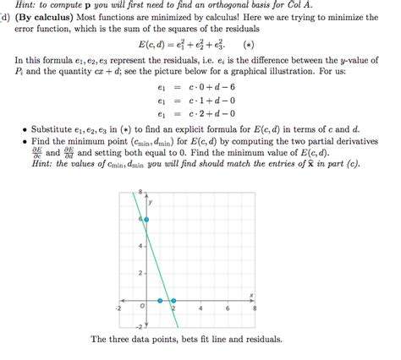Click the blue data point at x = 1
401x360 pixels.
[x=159, y=300]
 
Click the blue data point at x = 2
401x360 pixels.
[x=173, y=300]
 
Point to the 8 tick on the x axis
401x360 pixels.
[x=255, y=308]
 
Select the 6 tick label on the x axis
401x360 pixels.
[x=228, y=308]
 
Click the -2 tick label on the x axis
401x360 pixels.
[x=118, y=308]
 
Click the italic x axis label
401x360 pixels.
[x=252, y=293]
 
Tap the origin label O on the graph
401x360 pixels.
[x=142, y=306]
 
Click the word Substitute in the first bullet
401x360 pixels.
[x=55, y=129]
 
